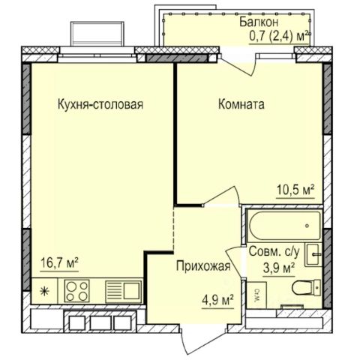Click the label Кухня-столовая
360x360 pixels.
[x=100, y=104]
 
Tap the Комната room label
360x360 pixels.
[x=241, y=104]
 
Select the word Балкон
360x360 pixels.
[x=259, y=22]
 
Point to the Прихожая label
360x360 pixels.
[x=203, y=266]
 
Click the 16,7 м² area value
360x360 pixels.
[x=59, y=263]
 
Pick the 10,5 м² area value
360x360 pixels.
[x=295, y=190]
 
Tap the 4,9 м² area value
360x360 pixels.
[x=217, y=300]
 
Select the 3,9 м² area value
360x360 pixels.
[x=279, y=268]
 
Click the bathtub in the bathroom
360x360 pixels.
[x=284, y=226]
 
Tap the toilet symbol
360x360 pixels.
[x=306, y=287]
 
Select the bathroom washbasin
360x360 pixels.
[x=313, y=255]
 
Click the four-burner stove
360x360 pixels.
[x=77, y=291]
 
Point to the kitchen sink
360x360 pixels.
[x=123, y=291]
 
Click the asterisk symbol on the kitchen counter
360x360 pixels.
[x=44, y=291]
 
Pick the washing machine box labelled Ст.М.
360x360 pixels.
[x=256, y=295]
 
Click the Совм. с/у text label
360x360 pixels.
[x=274, y=252]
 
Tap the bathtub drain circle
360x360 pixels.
[x=307, y=226]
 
